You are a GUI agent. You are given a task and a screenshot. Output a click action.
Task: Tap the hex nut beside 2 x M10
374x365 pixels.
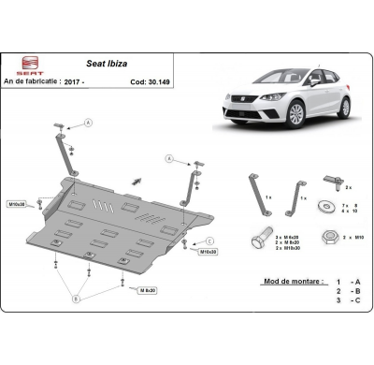[x=328, y=238]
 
